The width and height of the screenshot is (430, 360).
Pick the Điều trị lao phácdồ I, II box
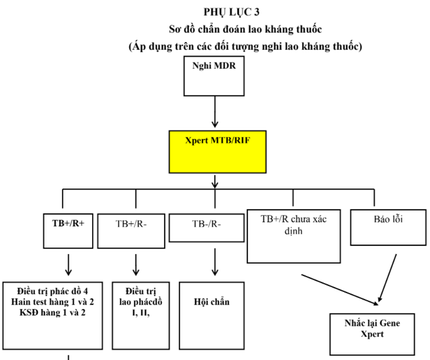click(x=136, y=316)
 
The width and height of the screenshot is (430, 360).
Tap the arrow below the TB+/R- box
click(x=136, y=265)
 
